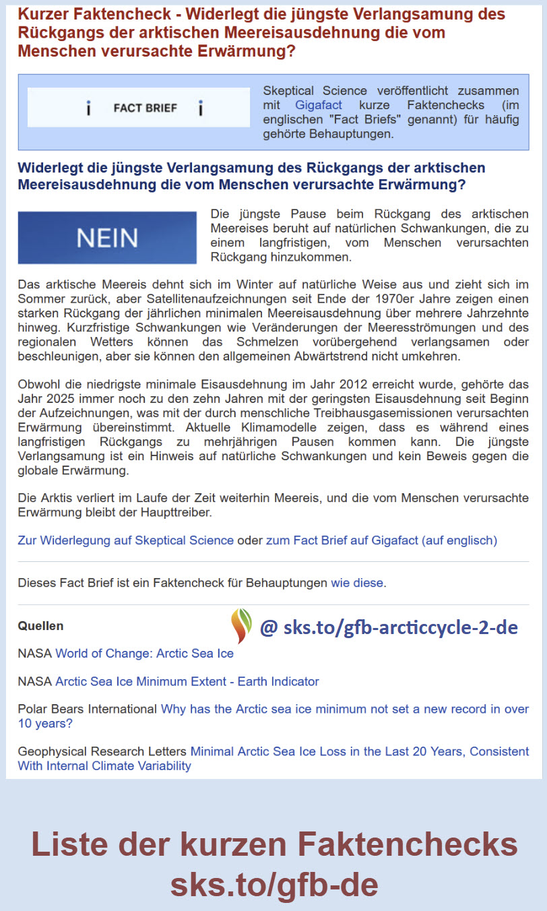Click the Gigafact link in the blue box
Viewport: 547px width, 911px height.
pos(319,105)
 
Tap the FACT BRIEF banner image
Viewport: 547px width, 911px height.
pos(139,108)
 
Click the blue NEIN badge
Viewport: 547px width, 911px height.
pos(107,237)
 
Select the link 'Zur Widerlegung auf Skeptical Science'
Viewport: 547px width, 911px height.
pos(126,540)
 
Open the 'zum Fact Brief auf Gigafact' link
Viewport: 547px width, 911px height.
pos(381,540)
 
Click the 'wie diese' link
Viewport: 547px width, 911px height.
pos(357,583)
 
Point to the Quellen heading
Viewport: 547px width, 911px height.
pos(40,626)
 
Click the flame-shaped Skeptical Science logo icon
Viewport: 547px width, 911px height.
pos(241,625)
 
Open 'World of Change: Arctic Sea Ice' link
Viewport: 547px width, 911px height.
pos(144,653)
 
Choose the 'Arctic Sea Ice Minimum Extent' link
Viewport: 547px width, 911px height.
pos(187,681)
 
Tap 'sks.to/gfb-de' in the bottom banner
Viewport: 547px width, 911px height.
pos(273,883)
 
